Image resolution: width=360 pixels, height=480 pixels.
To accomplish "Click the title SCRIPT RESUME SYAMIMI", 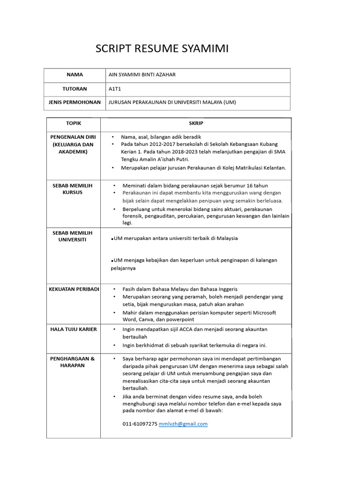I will tap(162, 49).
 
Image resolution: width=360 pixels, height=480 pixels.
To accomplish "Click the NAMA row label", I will tap(75, 75).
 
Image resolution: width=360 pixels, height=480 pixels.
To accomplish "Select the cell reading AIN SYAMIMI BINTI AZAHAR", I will tap(142, 75).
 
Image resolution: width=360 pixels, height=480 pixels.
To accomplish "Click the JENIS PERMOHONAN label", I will tap(75, 102).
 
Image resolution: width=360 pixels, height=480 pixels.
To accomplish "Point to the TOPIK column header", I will tap(74, 123).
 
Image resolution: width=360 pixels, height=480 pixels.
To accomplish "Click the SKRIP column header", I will tap(196, 123).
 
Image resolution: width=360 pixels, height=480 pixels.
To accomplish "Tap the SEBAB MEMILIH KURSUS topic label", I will tap(73, 189).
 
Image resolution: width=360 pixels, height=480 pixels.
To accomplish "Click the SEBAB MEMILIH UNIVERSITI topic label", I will tap(73, 236).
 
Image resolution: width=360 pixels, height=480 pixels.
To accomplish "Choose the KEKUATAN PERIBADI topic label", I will tap(74, 289).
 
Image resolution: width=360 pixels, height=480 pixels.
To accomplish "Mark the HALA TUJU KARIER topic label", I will tap(74, 329).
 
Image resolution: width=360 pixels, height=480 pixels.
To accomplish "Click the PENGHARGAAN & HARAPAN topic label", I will tap(73, 362).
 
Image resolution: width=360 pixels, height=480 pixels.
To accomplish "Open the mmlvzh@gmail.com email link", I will tap(183, 424).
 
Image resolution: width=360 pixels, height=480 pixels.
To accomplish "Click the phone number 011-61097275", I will tap(140, 424).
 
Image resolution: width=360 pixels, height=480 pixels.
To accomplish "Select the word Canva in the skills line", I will tap(145, 320).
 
